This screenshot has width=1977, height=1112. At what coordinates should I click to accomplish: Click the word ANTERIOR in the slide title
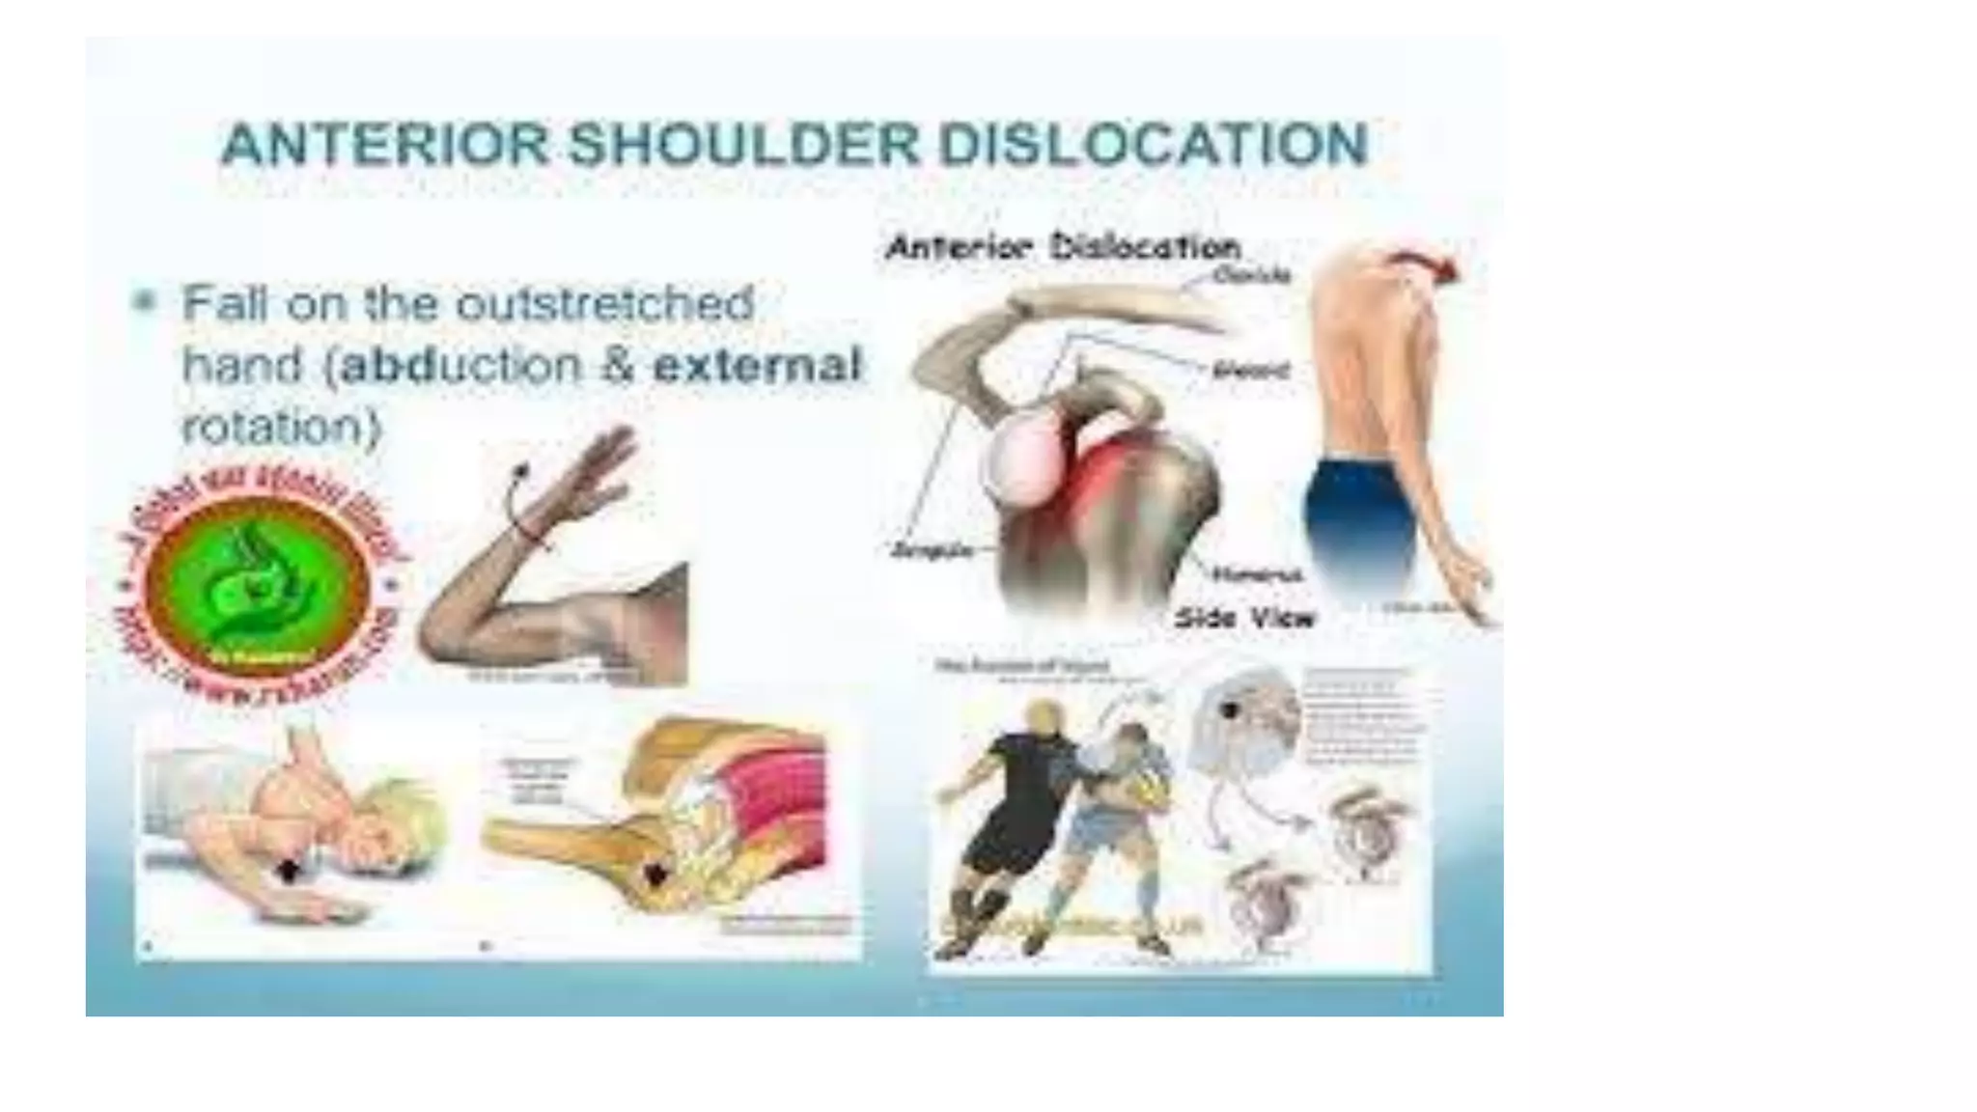point(385,145)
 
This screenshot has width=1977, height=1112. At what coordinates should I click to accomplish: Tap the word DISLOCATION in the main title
point(1154,145)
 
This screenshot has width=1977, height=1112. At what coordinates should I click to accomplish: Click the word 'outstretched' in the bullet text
point(604,304)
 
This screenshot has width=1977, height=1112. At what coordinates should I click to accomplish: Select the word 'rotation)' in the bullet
point(282,427)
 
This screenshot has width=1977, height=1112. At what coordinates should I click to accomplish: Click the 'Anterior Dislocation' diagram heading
point(1063,247)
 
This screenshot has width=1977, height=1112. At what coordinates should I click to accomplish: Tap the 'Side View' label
point(1244,618)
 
